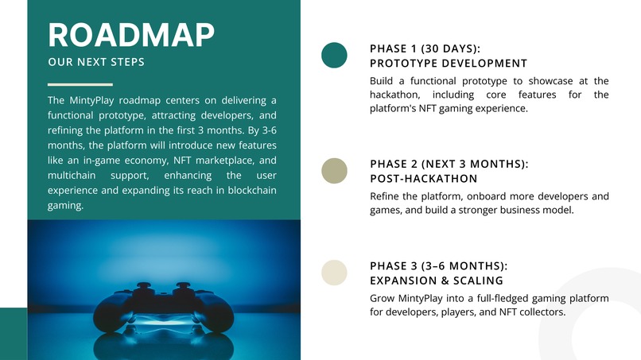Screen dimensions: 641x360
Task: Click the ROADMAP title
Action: pos(131,35)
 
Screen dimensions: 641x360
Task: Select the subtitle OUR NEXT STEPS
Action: pos(96,62)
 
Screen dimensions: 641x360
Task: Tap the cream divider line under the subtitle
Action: pos(80,84)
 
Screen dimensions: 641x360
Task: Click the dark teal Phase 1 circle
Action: pos(334,55)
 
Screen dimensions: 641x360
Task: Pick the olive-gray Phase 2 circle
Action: pos(334,171)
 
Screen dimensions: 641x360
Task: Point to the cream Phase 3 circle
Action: pos(334,273)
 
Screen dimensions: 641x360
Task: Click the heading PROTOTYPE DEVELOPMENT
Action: pos(449,64)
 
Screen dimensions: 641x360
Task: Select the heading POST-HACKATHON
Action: pos(424,179)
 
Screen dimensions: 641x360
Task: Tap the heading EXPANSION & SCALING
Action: pos(436,281)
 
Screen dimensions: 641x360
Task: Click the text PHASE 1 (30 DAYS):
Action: pos(425,48)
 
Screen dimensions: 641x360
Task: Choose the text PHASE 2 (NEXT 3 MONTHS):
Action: pos(449,164)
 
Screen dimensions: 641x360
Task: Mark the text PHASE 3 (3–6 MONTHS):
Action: pos(439,266)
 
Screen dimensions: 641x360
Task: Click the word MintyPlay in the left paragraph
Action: pos(91,100)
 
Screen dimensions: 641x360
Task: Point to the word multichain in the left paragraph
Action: pos(72,176)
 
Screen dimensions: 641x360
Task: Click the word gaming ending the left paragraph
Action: pos(65,206)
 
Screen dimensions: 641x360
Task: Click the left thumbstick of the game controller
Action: pos(143,287)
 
